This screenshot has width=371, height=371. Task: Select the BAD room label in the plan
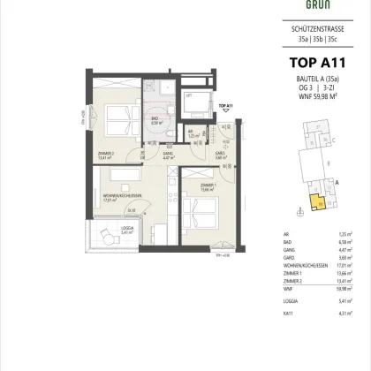pyautogui.click(x=155, y=121)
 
